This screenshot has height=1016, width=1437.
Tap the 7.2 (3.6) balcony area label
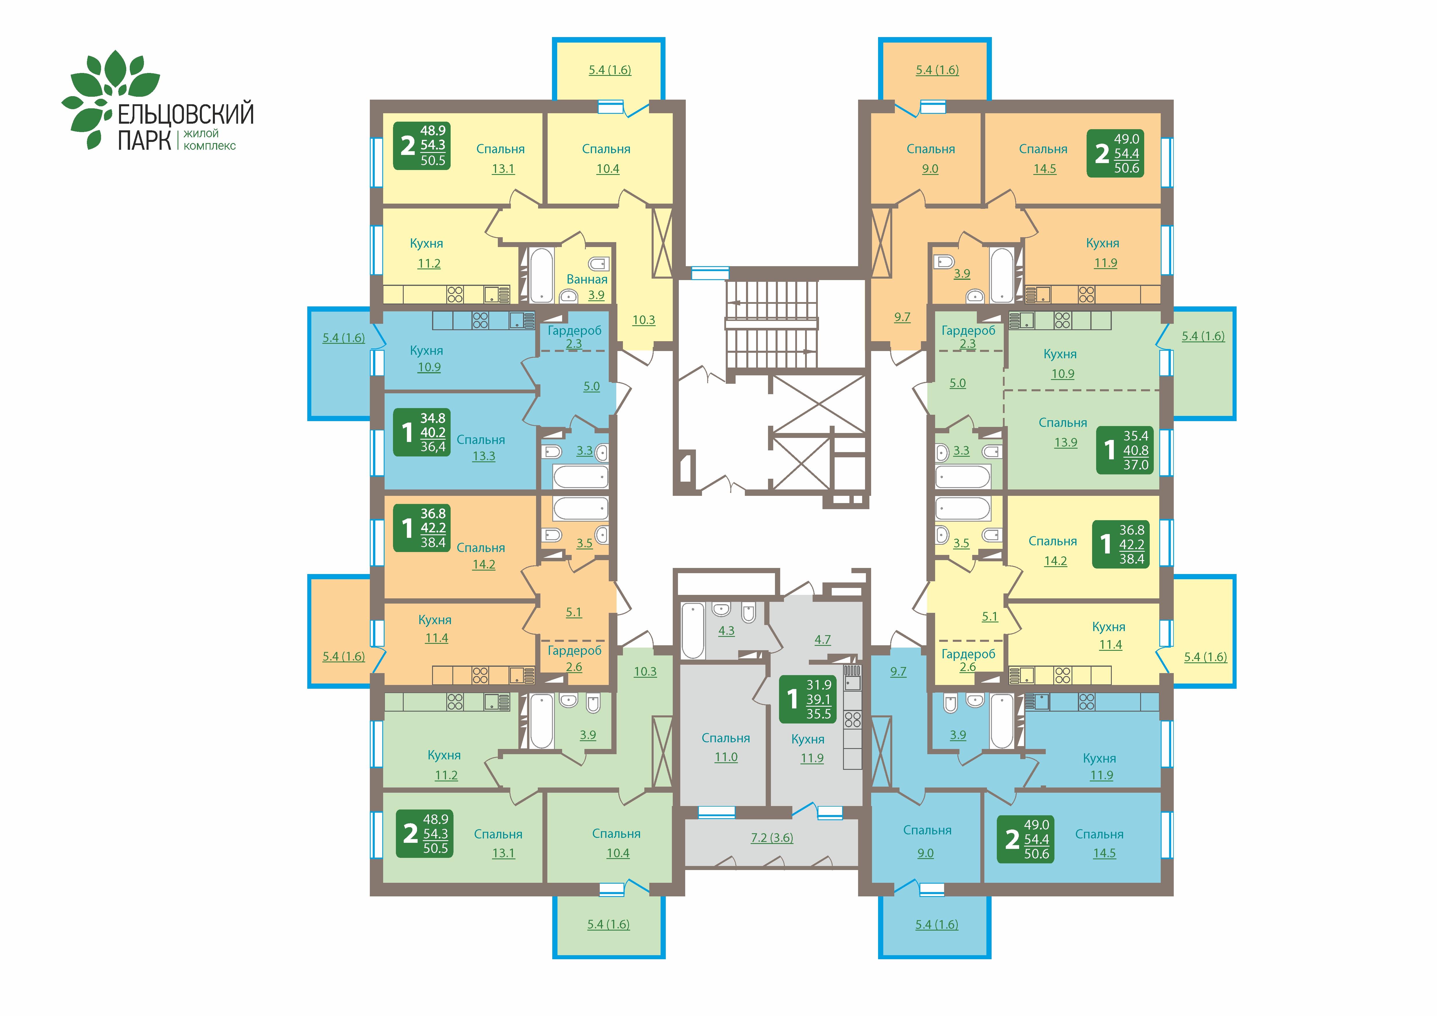772,838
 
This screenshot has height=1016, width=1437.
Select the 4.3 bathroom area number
726,631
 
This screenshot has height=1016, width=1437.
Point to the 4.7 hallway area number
822,639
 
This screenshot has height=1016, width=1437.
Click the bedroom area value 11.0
726,757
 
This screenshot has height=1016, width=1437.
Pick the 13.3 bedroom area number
483,456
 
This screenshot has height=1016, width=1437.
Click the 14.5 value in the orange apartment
1045,168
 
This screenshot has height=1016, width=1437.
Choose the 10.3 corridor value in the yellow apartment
643,320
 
